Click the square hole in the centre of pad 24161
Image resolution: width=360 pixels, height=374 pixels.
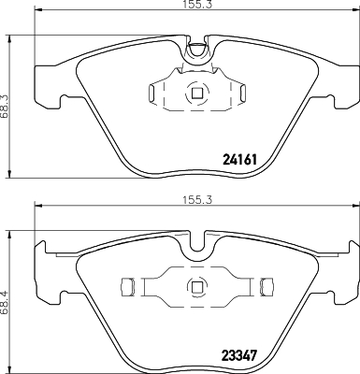(x=195, y=92)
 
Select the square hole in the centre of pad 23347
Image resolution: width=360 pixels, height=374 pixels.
(x=195, y=286)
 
